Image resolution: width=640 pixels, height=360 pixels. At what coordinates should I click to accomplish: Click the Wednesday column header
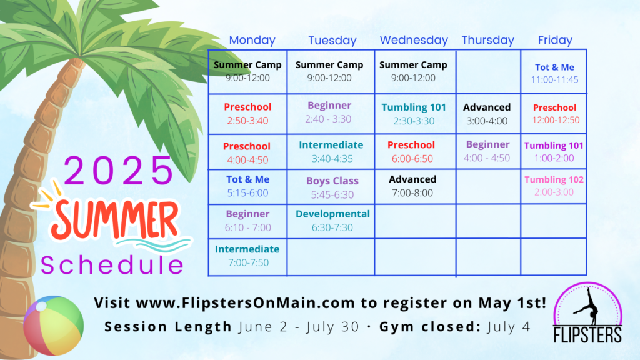(414, 40)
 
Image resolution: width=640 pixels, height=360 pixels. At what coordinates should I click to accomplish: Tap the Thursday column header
(487, 40)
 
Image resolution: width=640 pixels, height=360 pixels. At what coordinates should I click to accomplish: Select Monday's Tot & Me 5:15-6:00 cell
(247, 186)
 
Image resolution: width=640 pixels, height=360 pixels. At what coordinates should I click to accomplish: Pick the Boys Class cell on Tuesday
(332, 187)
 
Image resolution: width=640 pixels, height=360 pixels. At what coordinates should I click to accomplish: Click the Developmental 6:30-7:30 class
(332, 221)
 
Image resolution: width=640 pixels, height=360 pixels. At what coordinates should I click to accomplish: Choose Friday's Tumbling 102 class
(554, 186)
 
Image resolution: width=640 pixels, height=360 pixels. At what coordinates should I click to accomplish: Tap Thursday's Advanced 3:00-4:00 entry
(487, 114)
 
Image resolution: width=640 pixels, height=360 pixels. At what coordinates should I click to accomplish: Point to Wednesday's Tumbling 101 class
(414, 114)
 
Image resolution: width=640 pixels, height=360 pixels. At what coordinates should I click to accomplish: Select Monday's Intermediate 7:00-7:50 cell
(247, 256)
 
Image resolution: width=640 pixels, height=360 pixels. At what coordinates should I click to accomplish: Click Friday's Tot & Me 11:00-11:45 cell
(554, 73)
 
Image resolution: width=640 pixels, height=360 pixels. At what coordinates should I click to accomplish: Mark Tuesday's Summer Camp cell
(329, 71)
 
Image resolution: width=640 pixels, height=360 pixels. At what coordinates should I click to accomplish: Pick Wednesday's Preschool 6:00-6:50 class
(411, 151)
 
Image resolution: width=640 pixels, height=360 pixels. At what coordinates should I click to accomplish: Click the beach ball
(54, 325)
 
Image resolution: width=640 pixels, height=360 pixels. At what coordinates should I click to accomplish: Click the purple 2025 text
(119, 170)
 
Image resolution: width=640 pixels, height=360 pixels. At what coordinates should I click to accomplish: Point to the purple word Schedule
(112, 265)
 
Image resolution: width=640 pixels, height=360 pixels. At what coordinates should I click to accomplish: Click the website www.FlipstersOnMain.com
(245, 303)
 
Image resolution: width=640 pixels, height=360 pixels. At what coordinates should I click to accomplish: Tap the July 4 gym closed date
(509, 327)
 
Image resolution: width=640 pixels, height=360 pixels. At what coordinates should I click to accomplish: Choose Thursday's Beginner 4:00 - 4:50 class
(487, 151)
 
